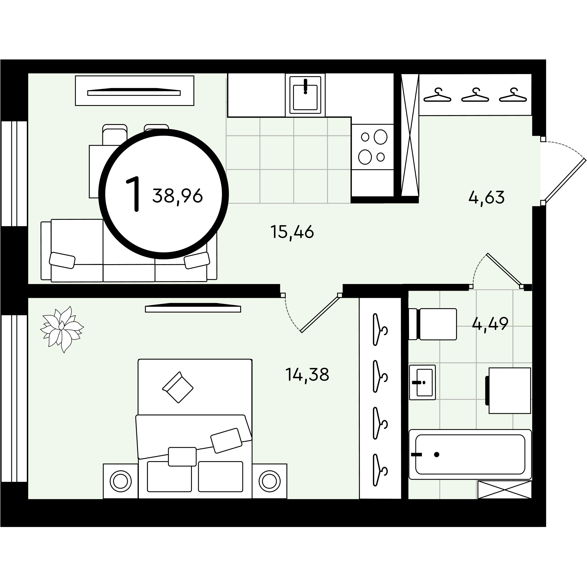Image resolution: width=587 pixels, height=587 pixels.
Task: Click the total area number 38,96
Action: point(177,196)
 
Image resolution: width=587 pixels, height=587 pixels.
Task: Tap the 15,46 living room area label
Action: point(292,232)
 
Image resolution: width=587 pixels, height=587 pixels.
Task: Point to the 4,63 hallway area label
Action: point(486,197)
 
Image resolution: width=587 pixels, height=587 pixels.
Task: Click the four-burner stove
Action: point(373,147)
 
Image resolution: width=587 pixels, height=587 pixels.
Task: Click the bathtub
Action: point(470,454)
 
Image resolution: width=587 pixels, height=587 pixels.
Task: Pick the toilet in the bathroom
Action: point(433,324)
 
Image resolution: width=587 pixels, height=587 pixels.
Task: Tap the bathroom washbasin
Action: point(422,382)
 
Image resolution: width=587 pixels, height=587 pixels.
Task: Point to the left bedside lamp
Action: point(121,481)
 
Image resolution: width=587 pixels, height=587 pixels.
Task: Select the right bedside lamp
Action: point(269,481)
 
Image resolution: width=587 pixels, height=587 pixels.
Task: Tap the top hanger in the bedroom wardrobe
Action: point(380,329)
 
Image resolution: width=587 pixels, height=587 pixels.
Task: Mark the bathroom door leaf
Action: point(504,270)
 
